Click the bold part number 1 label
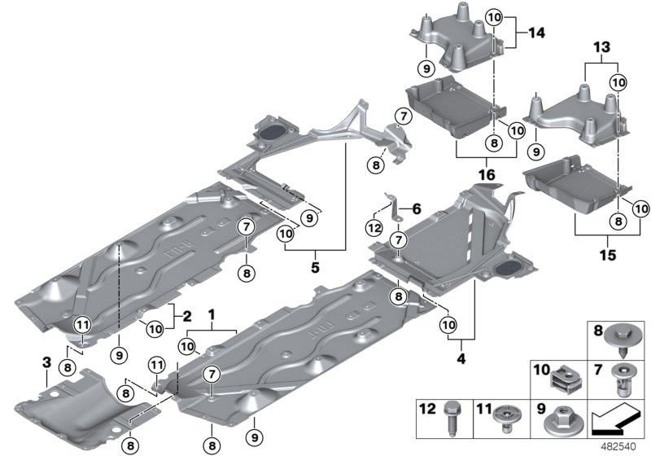click(x=212, y=313)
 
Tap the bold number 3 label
click(x=47, y=361)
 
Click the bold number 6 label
click(x=417, y=208)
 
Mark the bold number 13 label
click(x=601, y=48)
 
